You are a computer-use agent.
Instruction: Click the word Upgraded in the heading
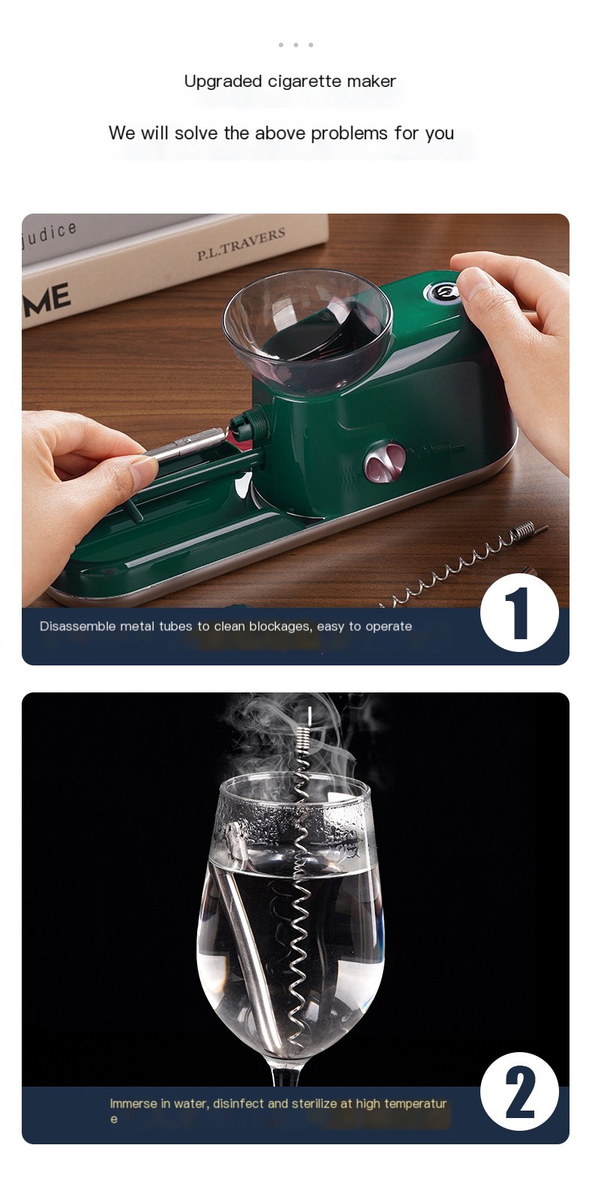pyautogui.click(x=223, y=82)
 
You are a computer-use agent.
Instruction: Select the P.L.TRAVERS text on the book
pyautogui.click(x=241, y=244)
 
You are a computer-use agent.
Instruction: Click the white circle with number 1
pyautogui.click(x=519, y=614)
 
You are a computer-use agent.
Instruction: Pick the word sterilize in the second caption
pyautogui.click(x=315, y=1104)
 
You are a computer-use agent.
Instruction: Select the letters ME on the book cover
pyautogui.click(x=47, y=300)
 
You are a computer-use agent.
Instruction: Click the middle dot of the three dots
pyautogui.click(x=296, y=45)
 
